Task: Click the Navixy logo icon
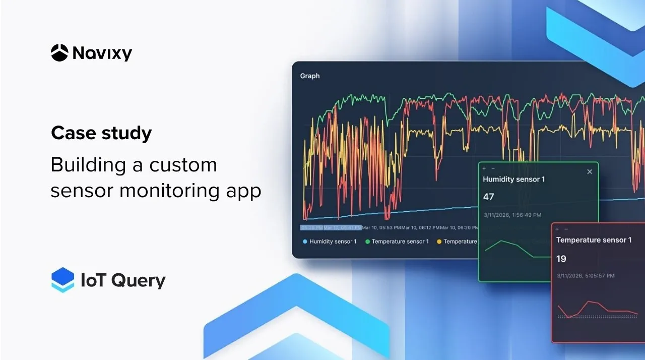[59, 53]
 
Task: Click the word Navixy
[102, 53]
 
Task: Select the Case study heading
[101, 133]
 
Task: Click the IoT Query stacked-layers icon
[62, 280]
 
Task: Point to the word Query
[138, 281]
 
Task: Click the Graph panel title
[310, 76]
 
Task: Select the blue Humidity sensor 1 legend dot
[305, 242]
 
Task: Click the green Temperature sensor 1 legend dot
[367, 242]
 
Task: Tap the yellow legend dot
[439, 242]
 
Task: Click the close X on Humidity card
[590, 172]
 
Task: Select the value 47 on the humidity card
[489, 197]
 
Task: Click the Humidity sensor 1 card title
[513, 179]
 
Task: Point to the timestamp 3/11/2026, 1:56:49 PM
[512, 215]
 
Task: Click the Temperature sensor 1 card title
[594, 240]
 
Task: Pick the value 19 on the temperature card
[561, 259]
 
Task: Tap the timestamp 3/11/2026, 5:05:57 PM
[586, 276]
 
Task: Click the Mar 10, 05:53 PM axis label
[381, 228]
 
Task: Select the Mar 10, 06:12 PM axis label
[421, 228]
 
